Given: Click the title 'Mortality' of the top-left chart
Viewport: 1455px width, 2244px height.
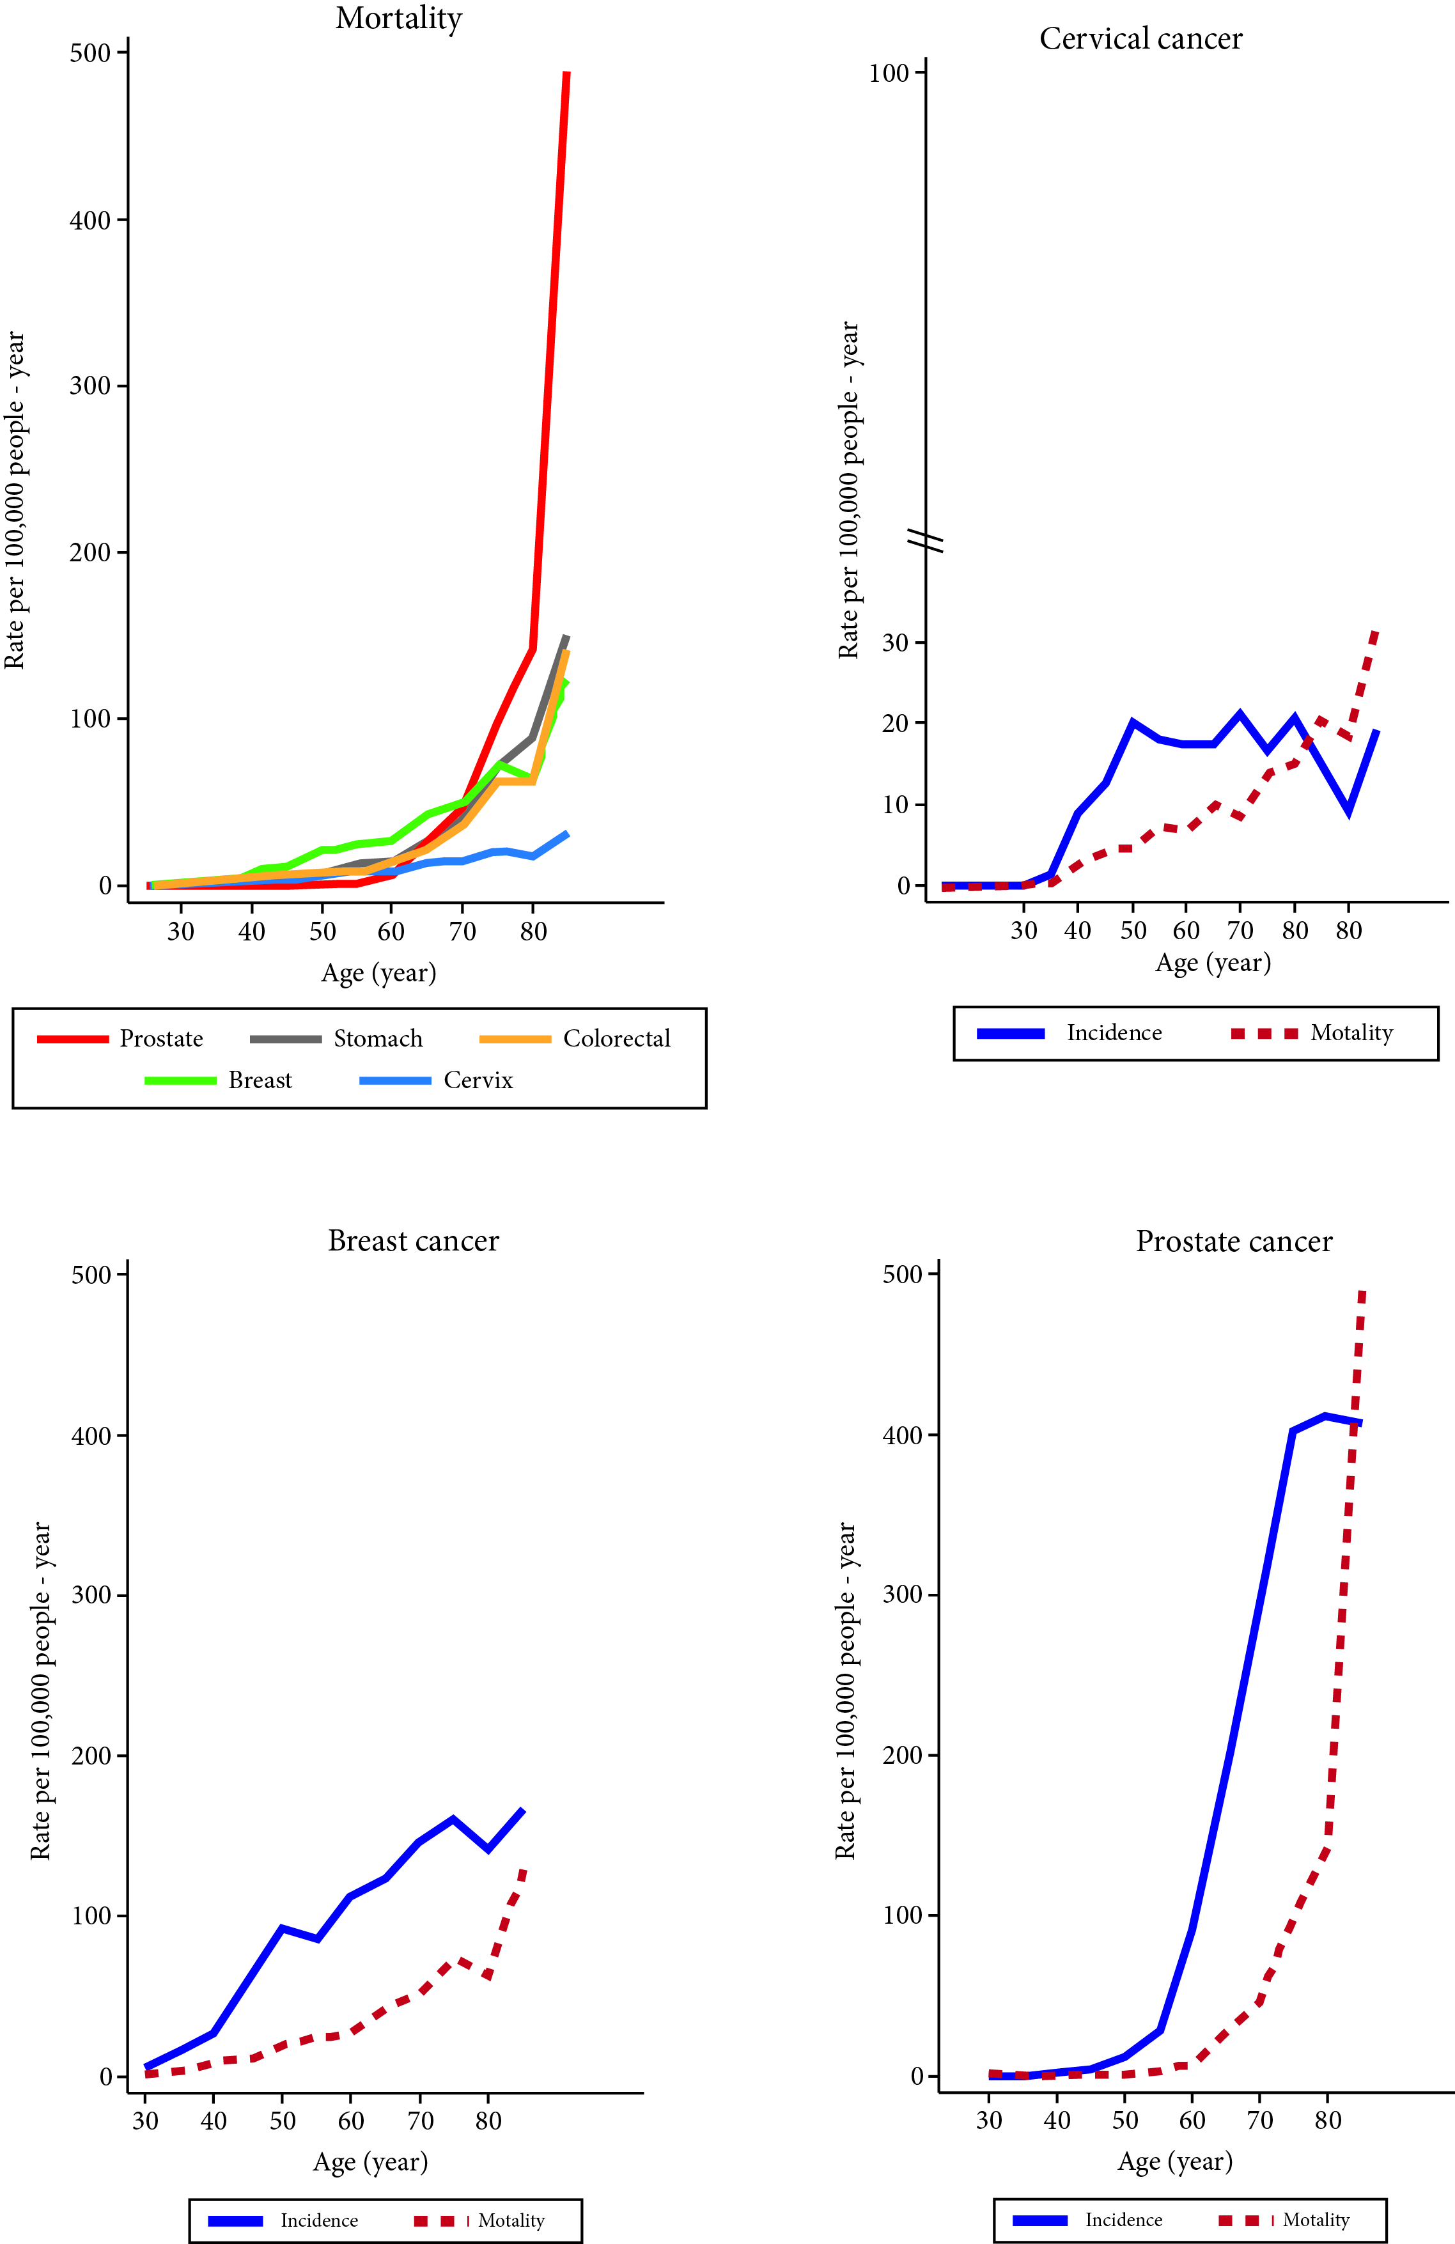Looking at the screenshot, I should point(399,19).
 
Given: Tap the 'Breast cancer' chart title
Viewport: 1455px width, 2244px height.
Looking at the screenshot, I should point(413,1241).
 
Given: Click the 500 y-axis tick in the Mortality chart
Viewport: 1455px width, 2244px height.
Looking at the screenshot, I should point(91,53).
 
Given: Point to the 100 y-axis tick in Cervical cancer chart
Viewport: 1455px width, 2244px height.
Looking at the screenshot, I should point(888,74).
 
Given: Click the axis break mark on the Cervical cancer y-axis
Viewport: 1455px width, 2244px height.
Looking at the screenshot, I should point(926,540).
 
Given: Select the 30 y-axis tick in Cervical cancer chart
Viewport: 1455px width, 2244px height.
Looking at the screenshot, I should point(895,643).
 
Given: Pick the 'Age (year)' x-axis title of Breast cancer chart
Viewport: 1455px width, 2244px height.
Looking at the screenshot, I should point(371,2162).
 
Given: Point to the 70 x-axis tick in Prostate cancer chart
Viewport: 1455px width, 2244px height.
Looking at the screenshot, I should point(1260,2121).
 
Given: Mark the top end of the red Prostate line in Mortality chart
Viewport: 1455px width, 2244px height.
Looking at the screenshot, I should point(566,73).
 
